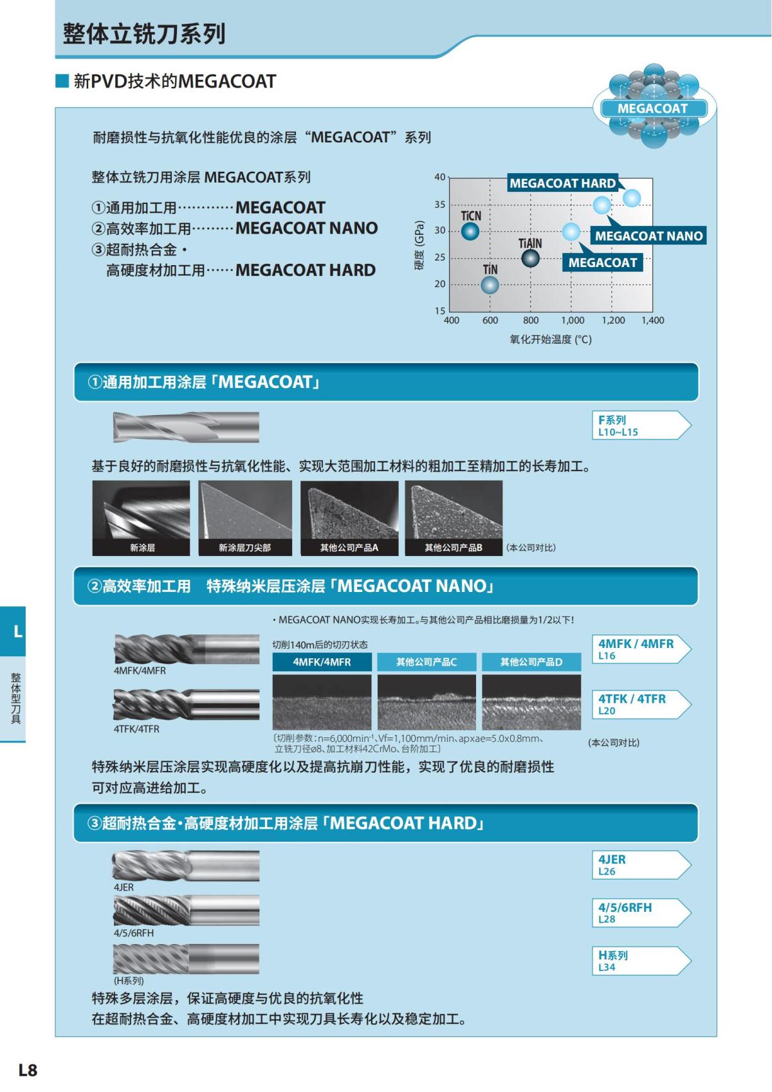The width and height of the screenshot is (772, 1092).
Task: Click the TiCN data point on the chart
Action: click(470, 231)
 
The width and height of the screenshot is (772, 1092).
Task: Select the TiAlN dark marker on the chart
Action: click(530, 258)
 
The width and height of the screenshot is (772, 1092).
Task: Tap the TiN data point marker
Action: click(490, 284)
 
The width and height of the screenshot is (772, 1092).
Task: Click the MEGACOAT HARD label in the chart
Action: click(562, 183)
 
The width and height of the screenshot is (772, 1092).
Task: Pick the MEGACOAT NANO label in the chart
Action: click(648, 236)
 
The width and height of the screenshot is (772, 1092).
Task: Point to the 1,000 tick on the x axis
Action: click(572, 320)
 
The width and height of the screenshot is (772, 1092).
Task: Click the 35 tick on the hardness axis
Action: click(440, 205)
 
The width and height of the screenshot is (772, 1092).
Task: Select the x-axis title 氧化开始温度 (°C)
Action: click(550, 339)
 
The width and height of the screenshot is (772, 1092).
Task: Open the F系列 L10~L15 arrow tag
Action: click(640, 425)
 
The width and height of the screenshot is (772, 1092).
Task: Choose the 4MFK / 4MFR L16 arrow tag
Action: click(640, 649)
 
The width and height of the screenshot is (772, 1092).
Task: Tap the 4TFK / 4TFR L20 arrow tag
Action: click(640, 704)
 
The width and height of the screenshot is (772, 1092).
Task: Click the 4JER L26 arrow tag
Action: click(640, 865)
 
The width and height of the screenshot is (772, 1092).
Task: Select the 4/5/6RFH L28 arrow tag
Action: click(640, 912)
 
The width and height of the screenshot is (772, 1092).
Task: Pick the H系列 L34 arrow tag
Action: click(640, 961)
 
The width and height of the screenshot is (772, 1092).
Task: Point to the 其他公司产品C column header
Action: click(427, 662)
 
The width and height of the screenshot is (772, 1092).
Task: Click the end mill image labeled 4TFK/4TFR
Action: click(187, 705)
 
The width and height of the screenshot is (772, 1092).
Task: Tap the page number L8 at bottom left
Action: click(28, 1069)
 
